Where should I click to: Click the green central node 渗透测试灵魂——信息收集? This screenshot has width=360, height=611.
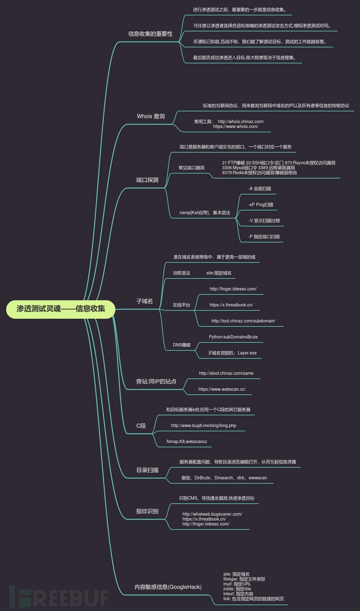(61, 309)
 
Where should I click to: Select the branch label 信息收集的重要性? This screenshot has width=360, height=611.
(150, 34)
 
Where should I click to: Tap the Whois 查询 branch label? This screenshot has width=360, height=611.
(151, 116)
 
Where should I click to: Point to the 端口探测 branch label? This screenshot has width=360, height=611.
(147, 180)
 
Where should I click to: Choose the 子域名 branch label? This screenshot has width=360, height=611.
(145, 301)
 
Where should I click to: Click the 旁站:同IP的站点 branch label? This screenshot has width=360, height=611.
(156, 381)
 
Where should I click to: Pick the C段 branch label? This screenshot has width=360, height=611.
(141, 426)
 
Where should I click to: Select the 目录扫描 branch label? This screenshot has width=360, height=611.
(147, 470)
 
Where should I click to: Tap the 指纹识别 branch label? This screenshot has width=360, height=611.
(147, 511)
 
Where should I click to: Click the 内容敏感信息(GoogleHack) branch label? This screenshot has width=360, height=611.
(168, 587)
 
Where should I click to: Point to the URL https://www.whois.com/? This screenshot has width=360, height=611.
(235, 126)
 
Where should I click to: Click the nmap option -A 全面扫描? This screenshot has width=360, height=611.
(259, 188)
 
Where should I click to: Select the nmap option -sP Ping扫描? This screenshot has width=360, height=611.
(261, 205)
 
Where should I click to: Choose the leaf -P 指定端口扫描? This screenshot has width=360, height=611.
(264, 236)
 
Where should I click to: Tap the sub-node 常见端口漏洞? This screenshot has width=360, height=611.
(191, 167)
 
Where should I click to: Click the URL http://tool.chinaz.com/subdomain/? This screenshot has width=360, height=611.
(243, 320)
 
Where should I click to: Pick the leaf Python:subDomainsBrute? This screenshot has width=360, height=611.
(233, 337)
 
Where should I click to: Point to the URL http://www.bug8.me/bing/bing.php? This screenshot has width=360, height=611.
(203, 426)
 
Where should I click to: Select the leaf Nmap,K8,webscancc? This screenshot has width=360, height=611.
(187, 442)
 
